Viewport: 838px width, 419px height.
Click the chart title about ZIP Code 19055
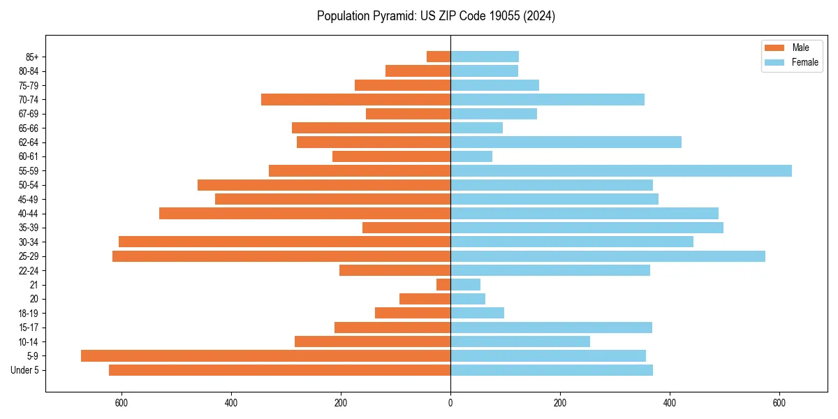point(436,16)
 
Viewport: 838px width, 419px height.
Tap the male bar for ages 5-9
point(265,356)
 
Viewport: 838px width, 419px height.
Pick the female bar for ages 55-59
point(621,170)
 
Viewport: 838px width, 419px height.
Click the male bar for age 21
point(443,285)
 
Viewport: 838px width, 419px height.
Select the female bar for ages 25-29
point(608,256)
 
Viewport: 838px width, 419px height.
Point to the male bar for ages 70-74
point(355,99)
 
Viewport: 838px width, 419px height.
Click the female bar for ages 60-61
point(471,156)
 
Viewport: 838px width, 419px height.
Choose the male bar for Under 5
point(279,370)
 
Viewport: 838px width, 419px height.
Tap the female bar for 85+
point(485,57)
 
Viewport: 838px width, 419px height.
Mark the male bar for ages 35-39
point(406,228)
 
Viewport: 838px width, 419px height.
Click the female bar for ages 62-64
point(566,142)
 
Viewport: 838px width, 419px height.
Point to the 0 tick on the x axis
point(450,403)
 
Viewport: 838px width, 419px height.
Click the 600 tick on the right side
point(779,403)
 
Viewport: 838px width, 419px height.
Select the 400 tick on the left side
point(231,403)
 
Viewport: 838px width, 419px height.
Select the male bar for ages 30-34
point(284,242)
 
